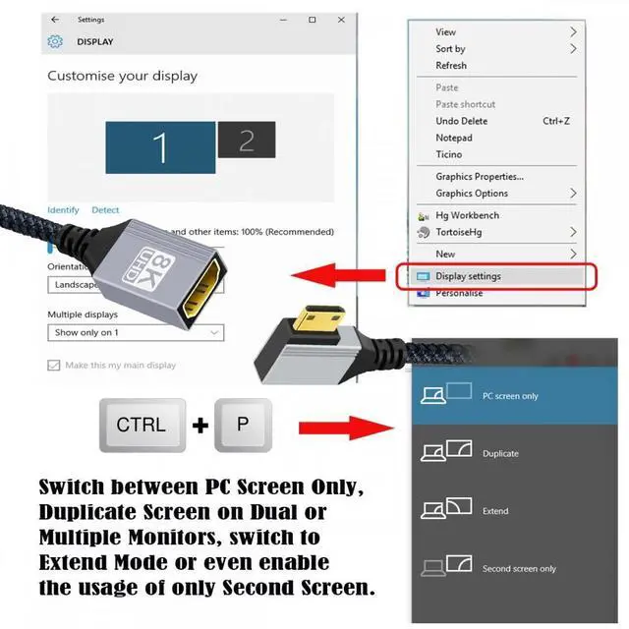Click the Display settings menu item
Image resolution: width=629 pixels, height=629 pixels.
point(468,276)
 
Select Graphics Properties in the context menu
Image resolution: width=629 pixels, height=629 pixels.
point(479,177)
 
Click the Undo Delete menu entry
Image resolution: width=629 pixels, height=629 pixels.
point(461,121)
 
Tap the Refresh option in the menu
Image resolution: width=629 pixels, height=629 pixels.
point(451,66)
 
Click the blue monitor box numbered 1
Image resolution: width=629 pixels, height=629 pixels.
point(159,146)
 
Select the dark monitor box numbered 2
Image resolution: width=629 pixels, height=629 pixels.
point(246,140)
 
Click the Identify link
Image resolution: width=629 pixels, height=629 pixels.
point(63,210)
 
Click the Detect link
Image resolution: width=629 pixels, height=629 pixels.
point(105,210)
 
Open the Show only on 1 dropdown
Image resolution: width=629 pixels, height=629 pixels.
point(136,333)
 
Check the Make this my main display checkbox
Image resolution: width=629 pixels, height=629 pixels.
point(54,366)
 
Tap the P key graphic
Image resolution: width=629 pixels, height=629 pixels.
point(242,426)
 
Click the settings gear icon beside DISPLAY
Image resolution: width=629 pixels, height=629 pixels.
point(55,42)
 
